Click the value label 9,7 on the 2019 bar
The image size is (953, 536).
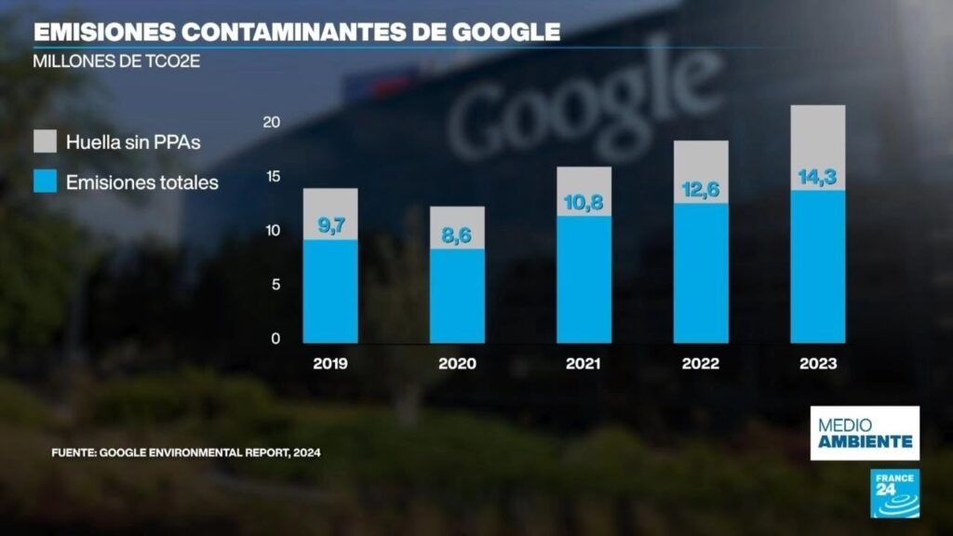(330, 224)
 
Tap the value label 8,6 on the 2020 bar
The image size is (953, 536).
(457, 236)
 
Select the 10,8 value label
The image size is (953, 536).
(584, 200)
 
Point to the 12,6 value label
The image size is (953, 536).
(701, 189)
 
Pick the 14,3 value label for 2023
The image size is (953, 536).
(818, 177)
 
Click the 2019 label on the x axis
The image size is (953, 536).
(330, 363)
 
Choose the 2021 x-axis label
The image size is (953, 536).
(584, 363)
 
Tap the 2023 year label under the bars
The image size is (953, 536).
(818, 363)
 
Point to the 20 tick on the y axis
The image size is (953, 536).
(272, 122)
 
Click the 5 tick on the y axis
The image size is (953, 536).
(275, 285)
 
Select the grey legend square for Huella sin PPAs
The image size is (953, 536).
(45, 141)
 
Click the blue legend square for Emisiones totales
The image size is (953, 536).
(45, 181)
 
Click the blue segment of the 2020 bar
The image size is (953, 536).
(457, 296)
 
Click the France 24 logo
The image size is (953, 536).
(893, 493)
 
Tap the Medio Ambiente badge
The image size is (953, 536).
(865, 433)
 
